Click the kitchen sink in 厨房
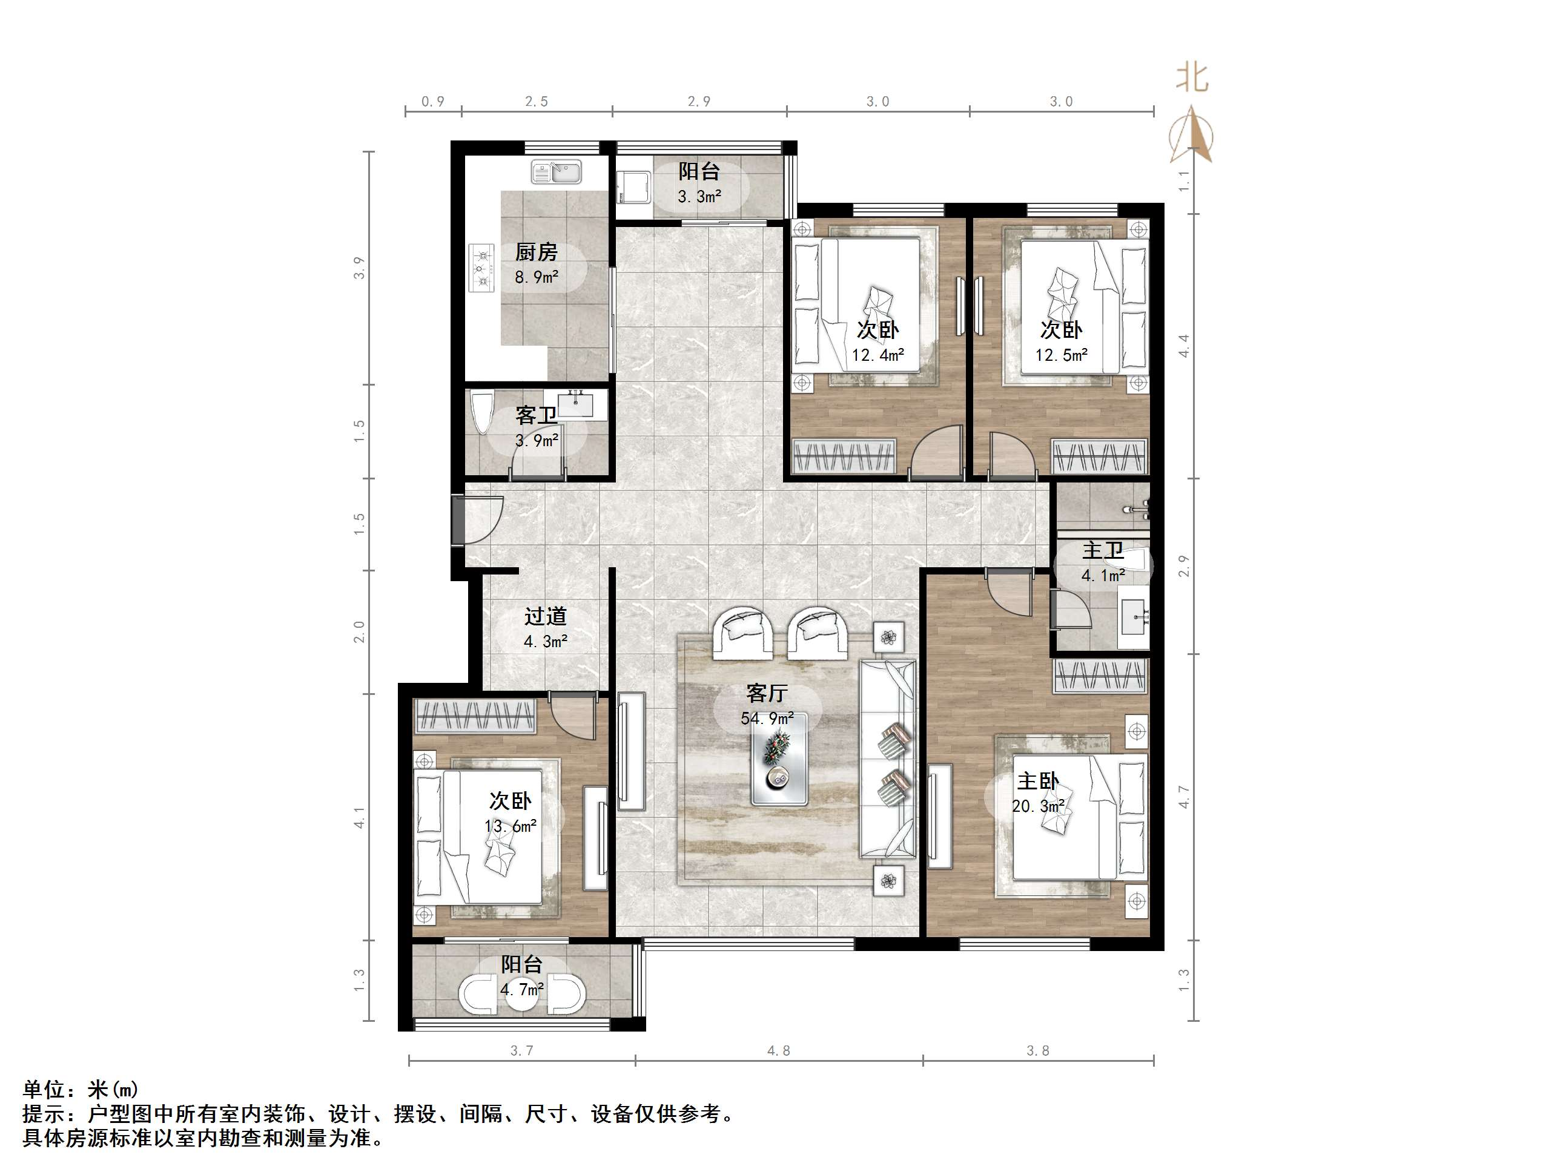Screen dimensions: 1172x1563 556,172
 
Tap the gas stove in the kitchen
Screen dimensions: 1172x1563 482,268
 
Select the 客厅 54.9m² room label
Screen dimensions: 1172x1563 767,704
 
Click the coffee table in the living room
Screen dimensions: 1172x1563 779,767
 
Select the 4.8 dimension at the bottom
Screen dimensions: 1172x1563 778,1050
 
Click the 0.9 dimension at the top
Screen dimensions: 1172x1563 432,102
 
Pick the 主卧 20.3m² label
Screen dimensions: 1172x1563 1037,792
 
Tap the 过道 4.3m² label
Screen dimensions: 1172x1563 545,628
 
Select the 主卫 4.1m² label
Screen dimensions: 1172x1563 1102,562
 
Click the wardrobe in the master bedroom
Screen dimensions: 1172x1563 1100,676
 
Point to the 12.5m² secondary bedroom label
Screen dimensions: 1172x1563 1060,342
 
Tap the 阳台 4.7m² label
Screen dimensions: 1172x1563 521,976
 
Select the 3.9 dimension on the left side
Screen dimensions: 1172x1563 360,268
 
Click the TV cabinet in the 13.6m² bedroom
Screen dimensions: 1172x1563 595,837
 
